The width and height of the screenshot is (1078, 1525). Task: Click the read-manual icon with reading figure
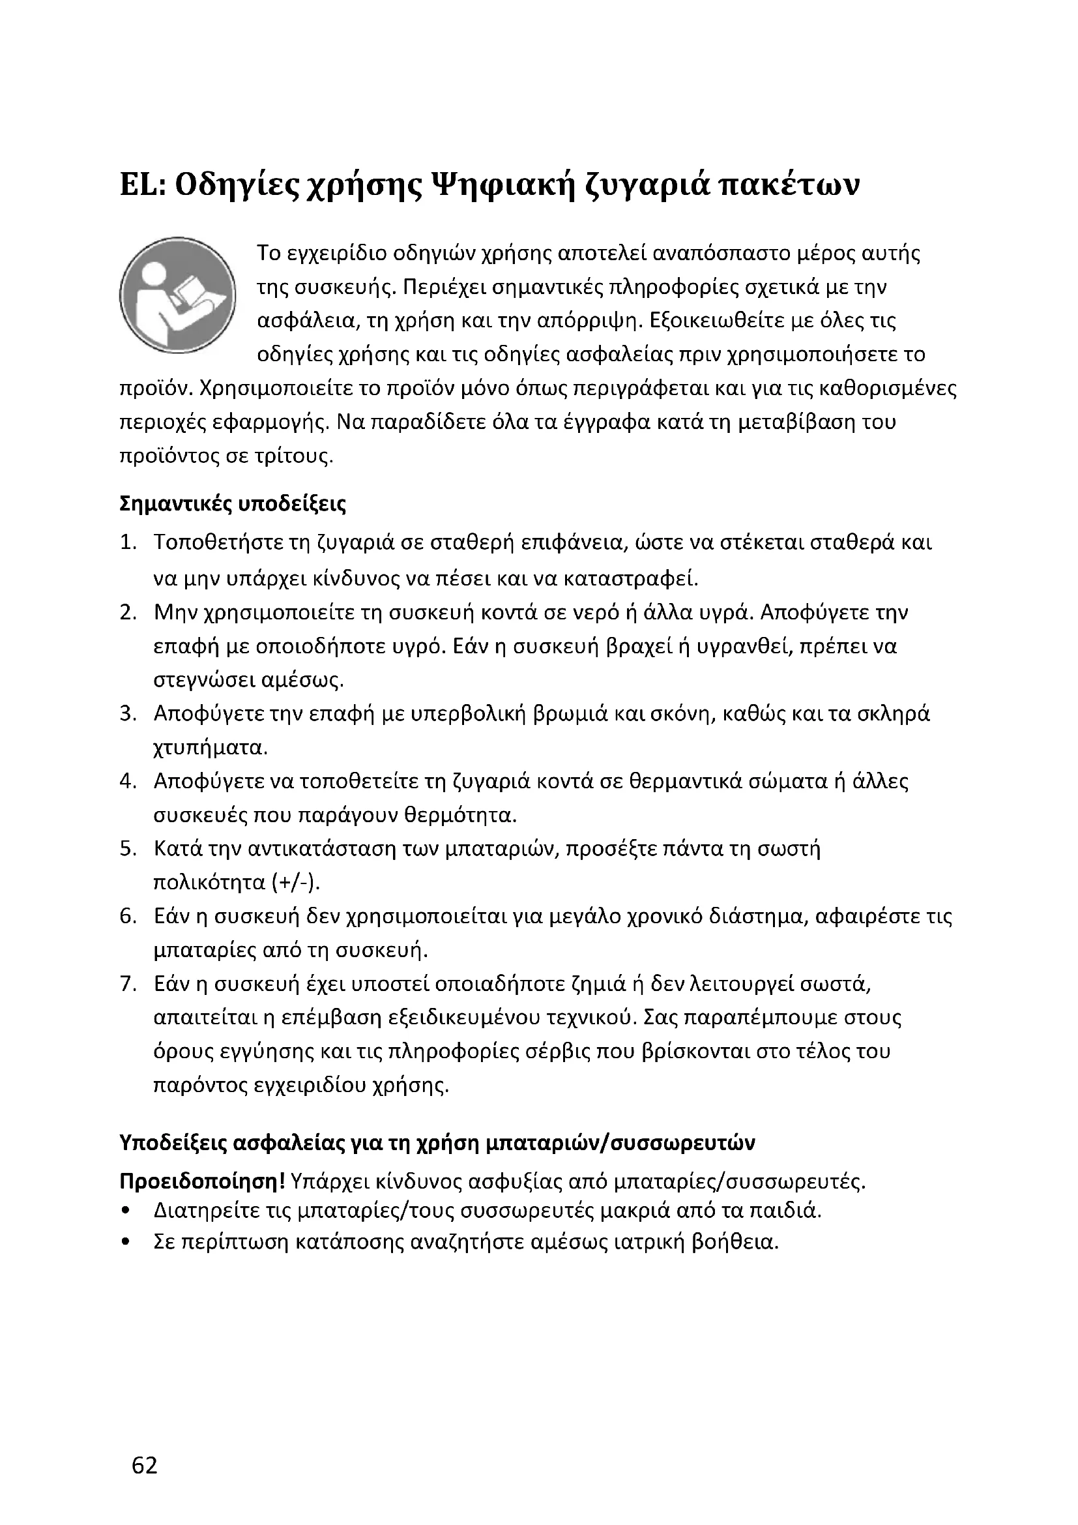click(x=178, y=295)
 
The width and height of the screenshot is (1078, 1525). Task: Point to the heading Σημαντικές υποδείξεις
click(x=232, y=504)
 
